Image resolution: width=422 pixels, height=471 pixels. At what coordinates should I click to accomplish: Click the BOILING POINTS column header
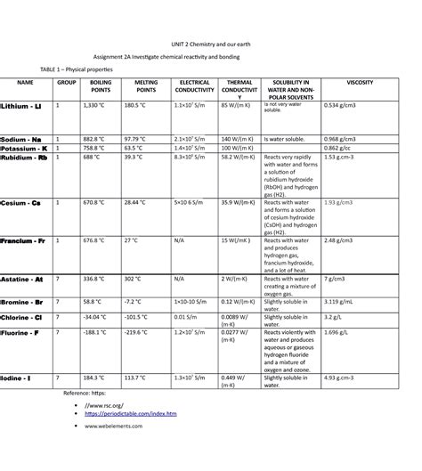101,86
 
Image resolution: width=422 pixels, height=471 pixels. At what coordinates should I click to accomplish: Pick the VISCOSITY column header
360,82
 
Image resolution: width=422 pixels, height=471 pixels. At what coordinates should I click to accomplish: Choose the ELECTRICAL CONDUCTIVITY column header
195,86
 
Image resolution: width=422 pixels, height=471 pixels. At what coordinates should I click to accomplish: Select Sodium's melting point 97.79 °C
135,139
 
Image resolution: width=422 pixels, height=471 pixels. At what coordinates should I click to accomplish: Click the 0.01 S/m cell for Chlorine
185,316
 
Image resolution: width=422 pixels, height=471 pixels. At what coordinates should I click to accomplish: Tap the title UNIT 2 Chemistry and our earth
211,42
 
